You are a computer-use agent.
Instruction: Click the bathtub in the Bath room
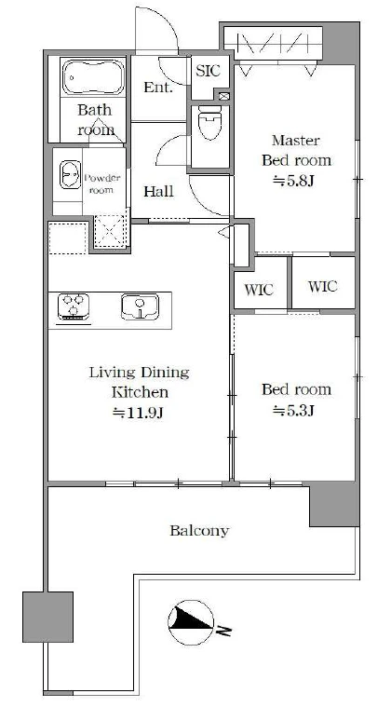(93, 76)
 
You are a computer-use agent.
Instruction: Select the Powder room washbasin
(70, 175)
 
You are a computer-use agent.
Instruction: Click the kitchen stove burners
(74, 306)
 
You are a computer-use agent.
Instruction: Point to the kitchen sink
(140, 306)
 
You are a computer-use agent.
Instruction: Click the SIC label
(208, 71)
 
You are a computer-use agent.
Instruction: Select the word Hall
(158, 192)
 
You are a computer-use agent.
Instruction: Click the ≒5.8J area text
(293, 182)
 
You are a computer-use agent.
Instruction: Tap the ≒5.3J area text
(293, 410)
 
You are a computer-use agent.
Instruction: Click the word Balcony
(199, 531)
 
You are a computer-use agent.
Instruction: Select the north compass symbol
(191, 622)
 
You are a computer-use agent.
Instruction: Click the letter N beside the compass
(223, 630)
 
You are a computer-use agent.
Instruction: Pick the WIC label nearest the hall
(259, 290)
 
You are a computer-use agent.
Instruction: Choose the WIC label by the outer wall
(322, 286)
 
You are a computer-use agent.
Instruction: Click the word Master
(296, 141)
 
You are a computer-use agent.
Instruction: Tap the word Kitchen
(140, 392)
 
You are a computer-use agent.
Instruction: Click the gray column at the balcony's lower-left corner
(47, 617)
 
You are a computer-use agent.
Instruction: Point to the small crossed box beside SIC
(223, 96)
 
